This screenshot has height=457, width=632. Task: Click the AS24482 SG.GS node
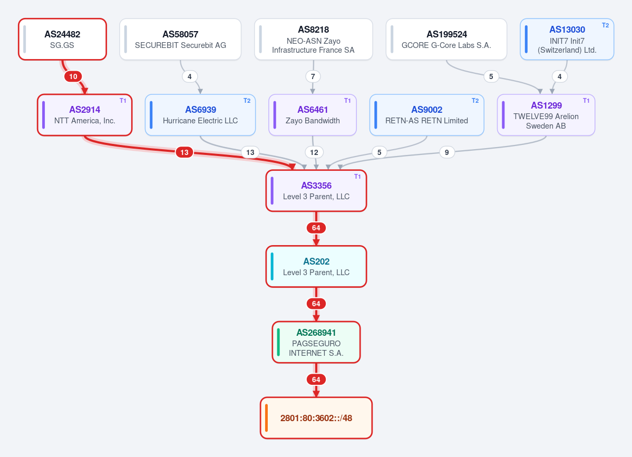[x=63, y=39]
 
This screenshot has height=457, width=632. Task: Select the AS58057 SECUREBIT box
[x=180, y=39]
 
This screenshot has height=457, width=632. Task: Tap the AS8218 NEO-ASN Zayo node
[x=313, y=39]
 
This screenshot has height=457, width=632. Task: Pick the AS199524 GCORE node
[x=446, y=39]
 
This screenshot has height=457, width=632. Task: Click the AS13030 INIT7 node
[x=567, y=39]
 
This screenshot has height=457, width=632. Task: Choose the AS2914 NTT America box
[x=85, y=115]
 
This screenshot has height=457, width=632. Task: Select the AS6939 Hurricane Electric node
[x=200, y=115]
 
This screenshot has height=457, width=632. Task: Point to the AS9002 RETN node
[x=426, y=115]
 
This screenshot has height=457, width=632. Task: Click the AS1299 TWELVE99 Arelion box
[x=546, y=115]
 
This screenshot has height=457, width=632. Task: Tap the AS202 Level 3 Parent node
[x=316, y=266]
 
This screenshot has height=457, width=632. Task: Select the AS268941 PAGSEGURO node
[x=316, y=342]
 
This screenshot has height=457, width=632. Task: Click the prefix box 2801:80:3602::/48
[x=316, y=418]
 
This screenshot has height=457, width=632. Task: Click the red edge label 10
[x=73, y=76]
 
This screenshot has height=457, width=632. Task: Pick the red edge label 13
[x=184, y=152]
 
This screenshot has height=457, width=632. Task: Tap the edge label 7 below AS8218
[x=313, y=76]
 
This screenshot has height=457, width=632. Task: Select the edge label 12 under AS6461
[x=314, y=152]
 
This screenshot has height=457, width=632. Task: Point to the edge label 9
[x=446, y=152]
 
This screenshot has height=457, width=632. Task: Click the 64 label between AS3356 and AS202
[x=316, y=228]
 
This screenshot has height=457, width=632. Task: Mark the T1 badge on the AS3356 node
[x=357, y=177]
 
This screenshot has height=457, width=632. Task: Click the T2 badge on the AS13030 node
[x=606, y=25]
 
